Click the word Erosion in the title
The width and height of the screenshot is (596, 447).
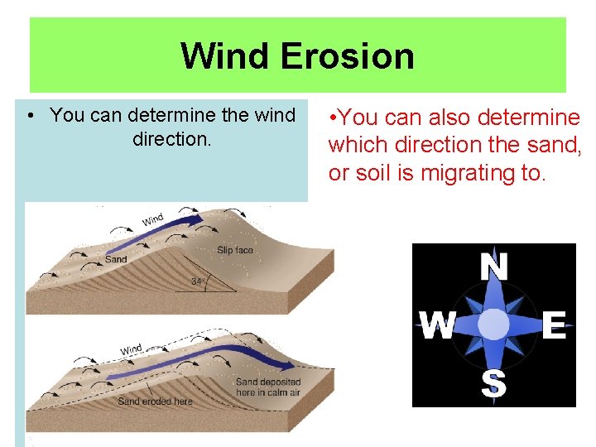tap(347, 56)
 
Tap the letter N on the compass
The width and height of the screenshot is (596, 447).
tap(494, 267)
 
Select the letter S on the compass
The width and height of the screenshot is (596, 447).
tap(494, 383)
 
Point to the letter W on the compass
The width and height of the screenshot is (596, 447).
tap(437, 326)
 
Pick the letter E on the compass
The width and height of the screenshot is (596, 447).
tap(554, 325)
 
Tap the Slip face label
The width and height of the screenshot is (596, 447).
tap(234, 250)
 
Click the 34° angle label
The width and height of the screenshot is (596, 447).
tap(198, 282)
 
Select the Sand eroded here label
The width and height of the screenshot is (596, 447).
tap(155, 401)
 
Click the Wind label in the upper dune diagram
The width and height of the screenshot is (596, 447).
tap(153, 220)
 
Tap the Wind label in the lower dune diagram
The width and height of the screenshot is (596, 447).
tap(131, 350)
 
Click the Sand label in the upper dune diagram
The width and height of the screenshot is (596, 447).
tap(116, 259)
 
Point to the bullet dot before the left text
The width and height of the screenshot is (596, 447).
tap(30, 116)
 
